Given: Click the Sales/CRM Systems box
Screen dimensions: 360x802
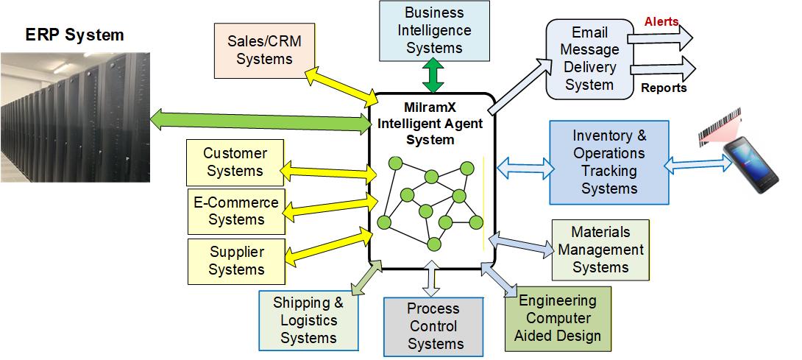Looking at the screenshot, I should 264,50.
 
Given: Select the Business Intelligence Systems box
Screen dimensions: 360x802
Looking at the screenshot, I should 434,30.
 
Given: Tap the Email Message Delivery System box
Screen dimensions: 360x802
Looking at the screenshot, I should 589,59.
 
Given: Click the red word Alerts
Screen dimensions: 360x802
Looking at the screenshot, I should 661,22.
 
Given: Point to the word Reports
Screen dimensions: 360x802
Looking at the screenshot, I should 664,88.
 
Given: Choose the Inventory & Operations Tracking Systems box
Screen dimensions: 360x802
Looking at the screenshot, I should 609,162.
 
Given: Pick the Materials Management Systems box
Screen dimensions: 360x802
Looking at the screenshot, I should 600,250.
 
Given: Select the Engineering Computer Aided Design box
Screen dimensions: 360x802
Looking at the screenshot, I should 558,318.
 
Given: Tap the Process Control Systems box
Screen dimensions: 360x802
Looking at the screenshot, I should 433,326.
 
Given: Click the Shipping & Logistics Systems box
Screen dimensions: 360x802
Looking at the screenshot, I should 308,320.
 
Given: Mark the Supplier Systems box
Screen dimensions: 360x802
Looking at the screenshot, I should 236,261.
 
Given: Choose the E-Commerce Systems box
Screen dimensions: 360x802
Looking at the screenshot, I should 236,211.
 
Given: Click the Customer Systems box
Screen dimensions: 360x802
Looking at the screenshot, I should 235,162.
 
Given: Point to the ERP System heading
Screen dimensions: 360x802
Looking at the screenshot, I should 74,35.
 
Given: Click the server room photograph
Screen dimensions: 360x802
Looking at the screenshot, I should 74,117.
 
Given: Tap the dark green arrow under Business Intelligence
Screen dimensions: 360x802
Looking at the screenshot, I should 434,75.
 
